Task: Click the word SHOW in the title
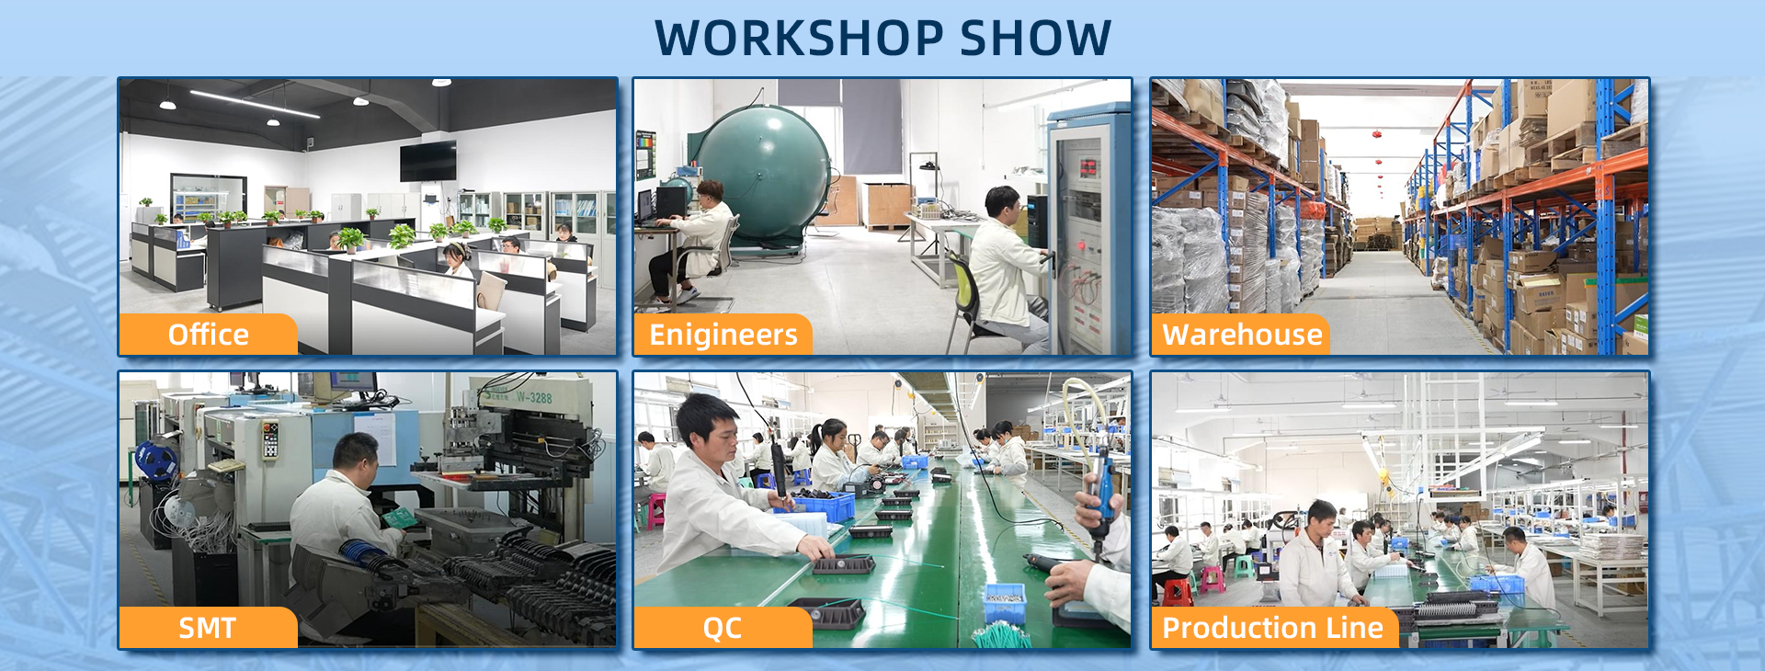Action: pos(1035,38)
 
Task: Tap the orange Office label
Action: pos(208,335)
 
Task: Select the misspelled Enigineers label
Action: pos(723,335)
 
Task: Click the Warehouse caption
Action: pos(1242,335)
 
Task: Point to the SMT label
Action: pos(208,628)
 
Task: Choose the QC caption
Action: pos(723,628)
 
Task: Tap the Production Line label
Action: pos(1273,628)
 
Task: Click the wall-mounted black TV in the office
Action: pos(427,162)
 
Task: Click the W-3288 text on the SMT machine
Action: pos(533,398)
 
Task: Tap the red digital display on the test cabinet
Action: pos(1088,168)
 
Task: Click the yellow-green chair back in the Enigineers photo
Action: pos(962,290)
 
